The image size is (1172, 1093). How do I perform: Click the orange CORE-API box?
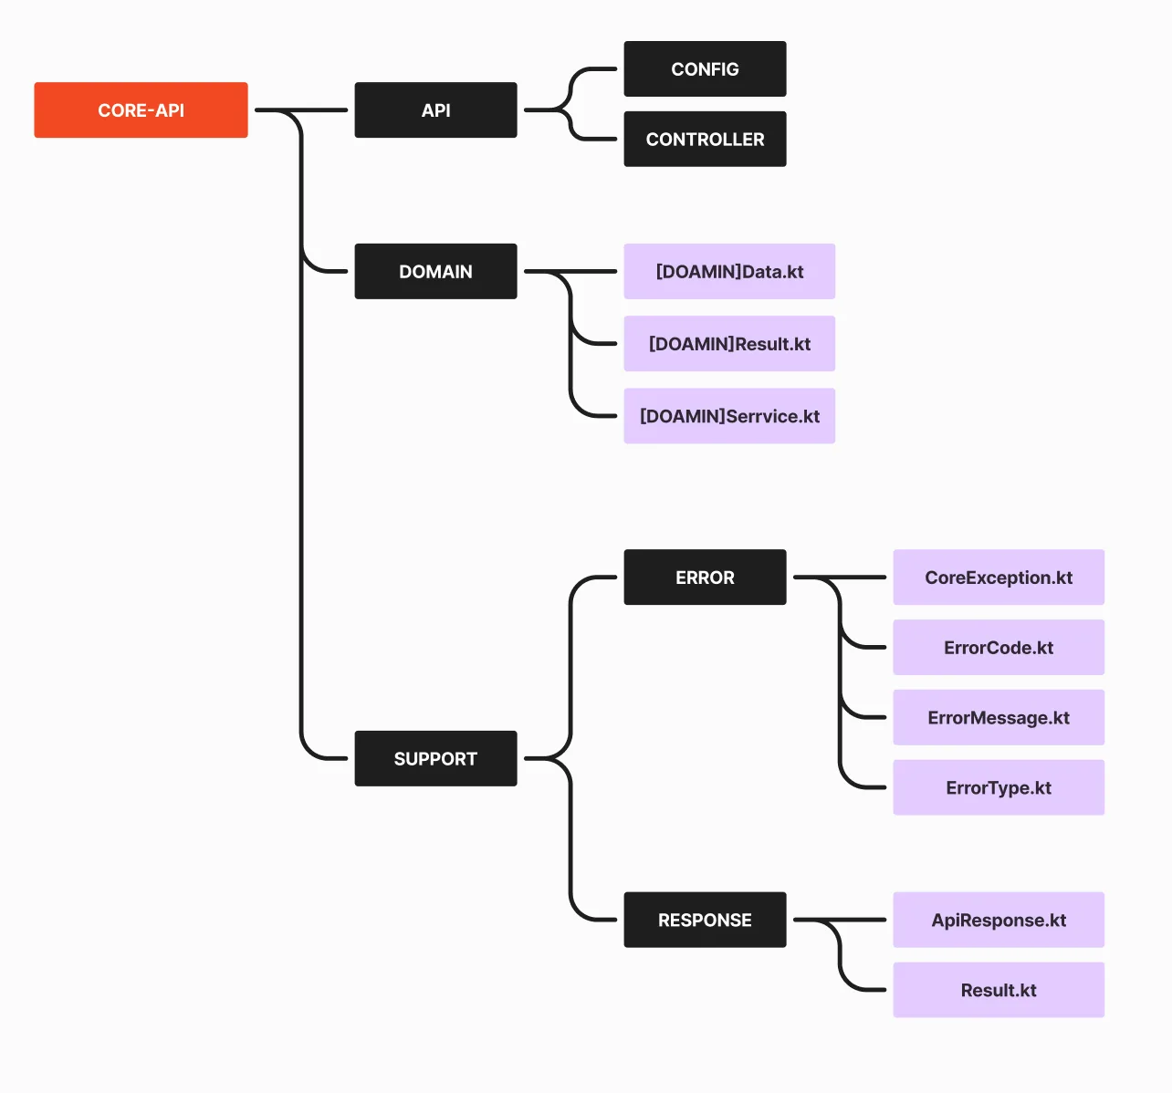click(141, 109)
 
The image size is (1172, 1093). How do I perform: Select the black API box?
click(435, 109)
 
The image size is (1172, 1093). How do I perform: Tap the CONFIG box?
click(705, 68)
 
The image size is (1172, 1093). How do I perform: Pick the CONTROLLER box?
click(705, 140)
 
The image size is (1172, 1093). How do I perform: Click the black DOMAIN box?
click(435, 271)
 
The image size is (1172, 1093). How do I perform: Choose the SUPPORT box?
click(435, 758)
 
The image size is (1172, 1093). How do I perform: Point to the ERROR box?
click(705, 577)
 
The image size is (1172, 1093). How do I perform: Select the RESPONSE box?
click(705, 920)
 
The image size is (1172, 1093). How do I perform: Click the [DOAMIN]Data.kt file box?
click(729, 271)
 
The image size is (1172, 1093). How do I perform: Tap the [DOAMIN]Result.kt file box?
click(729, 343)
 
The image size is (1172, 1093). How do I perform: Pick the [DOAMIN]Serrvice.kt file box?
click(729, 416)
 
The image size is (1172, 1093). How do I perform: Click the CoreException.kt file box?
click(999, 577)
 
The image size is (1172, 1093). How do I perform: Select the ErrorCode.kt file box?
click(999, 647)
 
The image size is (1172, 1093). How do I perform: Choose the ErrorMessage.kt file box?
click(999, 717)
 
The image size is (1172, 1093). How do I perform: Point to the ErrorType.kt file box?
click(999, 787)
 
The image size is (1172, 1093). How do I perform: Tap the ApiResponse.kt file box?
click(999, 920)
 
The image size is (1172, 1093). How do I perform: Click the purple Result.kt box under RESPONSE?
click(999, 990)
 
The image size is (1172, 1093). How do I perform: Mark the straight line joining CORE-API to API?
click(301, 109)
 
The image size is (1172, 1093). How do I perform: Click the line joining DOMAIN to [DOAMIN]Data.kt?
click(570, 271)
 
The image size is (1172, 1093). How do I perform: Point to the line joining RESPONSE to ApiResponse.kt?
click(839, 920)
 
